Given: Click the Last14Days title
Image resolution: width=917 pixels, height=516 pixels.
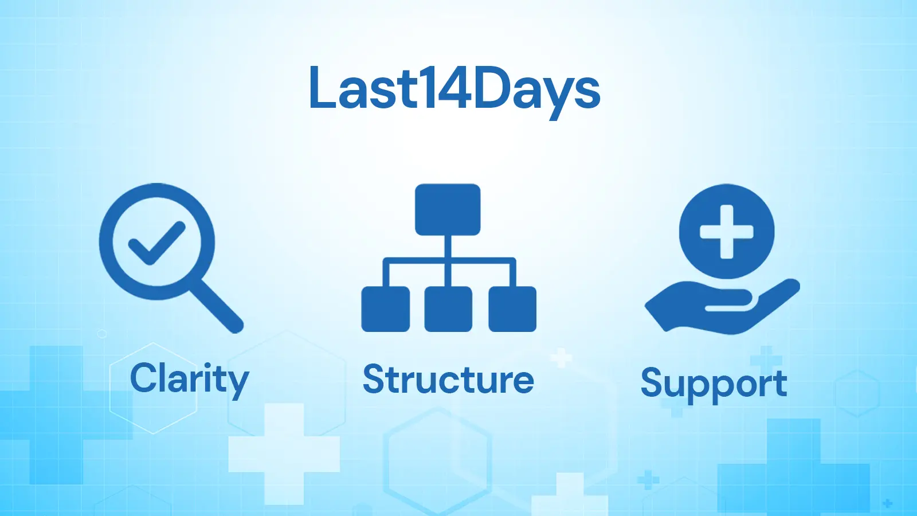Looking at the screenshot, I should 454,89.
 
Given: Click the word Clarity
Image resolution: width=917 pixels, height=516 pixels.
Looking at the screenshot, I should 189,379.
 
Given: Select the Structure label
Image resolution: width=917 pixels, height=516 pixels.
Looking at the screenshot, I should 448,380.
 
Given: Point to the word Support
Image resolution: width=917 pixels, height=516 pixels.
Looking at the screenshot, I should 714,383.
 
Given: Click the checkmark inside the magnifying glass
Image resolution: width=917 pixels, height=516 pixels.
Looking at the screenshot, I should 156,243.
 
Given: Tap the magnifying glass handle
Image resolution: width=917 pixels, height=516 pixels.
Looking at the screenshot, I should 218,307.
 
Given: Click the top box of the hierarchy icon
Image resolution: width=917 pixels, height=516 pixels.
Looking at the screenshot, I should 448,209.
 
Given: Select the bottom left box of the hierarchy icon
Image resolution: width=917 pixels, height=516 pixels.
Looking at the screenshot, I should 385,309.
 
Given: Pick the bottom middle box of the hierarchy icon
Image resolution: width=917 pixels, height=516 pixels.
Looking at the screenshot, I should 448,309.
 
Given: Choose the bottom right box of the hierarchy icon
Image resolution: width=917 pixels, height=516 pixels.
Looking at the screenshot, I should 512,309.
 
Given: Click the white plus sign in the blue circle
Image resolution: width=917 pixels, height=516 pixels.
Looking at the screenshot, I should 727,232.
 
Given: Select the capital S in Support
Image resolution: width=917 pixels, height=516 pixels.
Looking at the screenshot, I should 653,382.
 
